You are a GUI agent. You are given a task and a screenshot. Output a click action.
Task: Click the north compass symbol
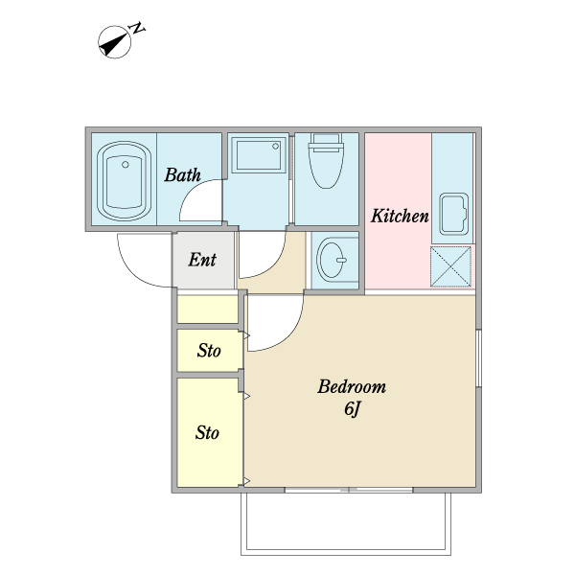tap(114, 42)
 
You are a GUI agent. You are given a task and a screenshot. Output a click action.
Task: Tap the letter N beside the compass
tap(137, 28)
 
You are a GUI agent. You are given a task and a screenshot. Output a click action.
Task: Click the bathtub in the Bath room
tap(125, 181)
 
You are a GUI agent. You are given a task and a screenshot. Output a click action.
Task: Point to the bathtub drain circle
tap(126, 165)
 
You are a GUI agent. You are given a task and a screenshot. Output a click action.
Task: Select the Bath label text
tap(182, 175)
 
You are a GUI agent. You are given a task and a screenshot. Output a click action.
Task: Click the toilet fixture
tap(326, 161)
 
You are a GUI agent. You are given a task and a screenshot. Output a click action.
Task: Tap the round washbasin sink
tap(332, 260)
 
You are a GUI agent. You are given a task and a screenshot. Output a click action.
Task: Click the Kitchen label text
tap(400, 216)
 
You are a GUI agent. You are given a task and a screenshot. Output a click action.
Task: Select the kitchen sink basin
tap(454, 214)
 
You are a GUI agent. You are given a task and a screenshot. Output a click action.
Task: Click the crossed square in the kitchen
tap(450, 266)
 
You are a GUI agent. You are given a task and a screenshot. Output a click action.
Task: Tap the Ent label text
tap(202, 260)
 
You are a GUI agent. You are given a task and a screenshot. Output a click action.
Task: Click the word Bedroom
tap(352, 386)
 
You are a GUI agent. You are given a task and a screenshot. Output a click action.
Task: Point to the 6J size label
tap(352, 408)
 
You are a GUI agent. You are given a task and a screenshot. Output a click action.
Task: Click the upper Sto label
tap(209, 350)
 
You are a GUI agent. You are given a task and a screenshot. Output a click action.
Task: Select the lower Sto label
tap(207, 433)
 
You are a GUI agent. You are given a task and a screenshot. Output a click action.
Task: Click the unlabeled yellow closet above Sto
tap(208, 310)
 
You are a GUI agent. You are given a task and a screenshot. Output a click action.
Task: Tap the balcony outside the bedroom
tap(346, 521)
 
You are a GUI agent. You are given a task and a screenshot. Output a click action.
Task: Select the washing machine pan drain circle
tap(275, 147)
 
